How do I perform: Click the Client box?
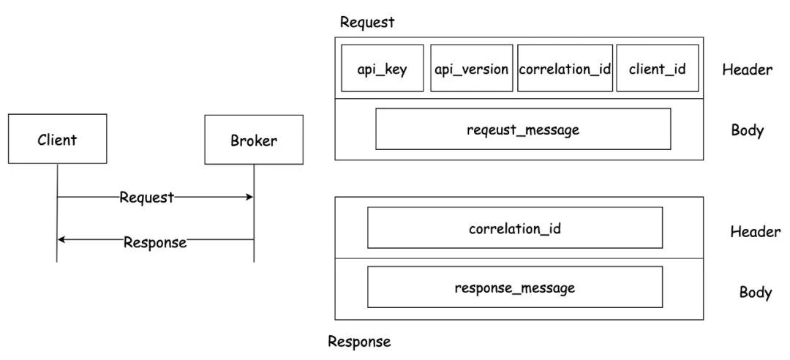[x=58, y=138]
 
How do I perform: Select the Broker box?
[x=254, y=140]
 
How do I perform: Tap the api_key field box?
[x=383, y=68]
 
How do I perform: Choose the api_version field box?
[x=472, y=68]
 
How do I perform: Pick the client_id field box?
[x=658, y=68]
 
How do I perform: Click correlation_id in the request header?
[x=565, y=68]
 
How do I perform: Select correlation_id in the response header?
[x=515, y=228]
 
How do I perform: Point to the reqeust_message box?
[x=523, y=129]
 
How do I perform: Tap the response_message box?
[x=515, y=287]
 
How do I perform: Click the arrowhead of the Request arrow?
[x=250, y=197]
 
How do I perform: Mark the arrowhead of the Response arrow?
[x=61, y=239]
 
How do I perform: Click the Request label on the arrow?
[x=146, y=198]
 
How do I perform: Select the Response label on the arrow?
[x=155, y=242]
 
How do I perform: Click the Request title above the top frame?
[x=367, y=23]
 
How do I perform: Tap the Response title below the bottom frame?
[x=359, y=342]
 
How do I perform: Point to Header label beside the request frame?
[x=747, y=70]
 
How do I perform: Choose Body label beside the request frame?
[x=748, y=130]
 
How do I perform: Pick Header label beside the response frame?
[x=755, y=231]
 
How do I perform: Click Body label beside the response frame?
[x=756, y=293]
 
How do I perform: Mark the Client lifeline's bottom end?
[x=57, y=262]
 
